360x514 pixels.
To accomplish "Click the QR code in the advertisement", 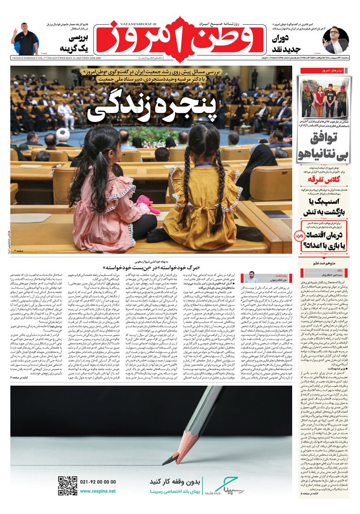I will point(67,486).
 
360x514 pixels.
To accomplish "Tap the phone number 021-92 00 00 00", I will point(98,482).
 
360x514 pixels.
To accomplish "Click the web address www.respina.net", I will point(98,491).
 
